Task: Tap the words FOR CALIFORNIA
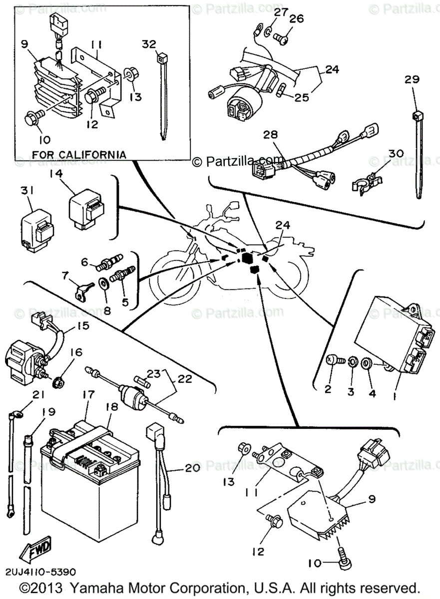[x=79, y=155]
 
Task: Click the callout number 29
[x=413, y=79]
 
